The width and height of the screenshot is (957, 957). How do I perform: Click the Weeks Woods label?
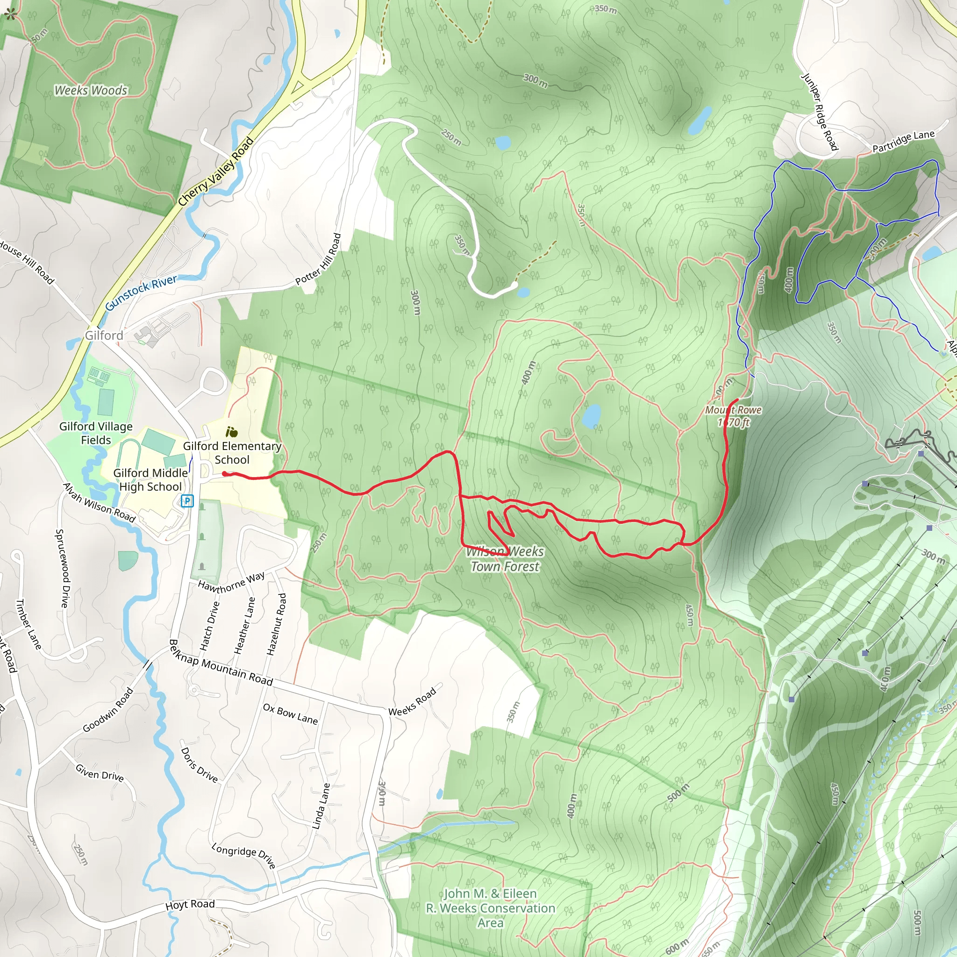91,90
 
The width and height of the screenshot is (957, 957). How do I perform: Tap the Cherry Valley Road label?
216,171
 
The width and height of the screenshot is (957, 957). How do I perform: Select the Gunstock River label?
141,293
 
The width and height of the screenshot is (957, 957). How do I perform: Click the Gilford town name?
104,336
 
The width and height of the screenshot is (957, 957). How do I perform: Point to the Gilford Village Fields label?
96,433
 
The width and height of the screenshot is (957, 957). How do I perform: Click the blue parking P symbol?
187,501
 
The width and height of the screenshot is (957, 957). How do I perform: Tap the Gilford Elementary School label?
232,452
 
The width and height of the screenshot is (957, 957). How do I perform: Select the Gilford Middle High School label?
150,479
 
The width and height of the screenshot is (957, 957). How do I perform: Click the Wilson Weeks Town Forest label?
505,559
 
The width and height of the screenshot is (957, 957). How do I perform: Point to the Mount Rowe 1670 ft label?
733,416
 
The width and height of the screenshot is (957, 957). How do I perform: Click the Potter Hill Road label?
319,259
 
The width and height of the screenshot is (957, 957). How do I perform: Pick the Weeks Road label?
412,701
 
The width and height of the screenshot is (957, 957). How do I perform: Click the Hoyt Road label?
190,905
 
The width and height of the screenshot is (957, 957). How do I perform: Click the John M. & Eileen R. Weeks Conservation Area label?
490,908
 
